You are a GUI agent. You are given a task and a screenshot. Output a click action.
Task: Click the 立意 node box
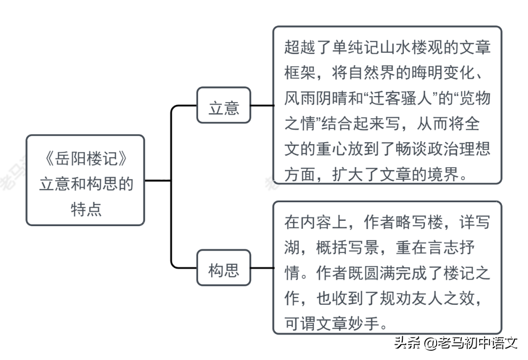click(x=223, y=106)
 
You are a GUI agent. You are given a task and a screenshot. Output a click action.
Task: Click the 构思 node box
click(x=223, y=268)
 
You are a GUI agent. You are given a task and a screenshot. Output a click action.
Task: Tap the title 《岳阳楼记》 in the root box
click(x=86, y=158)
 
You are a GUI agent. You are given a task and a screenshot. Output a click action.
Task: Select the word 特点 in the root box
click(x=86, y=209)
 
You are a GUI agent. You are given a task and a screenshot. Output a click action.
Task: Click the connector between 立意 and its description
click(x=263, y=106)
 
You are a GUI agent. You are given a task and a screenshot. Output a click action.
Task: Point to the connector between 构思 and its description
click(x=263, y=268)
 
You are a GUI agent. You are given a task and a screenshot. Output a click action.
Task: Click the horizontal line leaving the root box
click(x=158, y=181)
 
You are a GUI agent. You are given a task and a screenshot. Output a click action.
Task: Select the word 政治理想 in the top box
click(x=458, y=148)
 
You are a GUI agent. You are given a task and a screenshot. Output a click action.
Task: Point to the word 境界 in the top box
click(x=443, y=174)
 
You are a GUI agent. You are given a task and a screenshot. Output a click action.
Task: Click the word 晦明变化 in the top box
click(x=443, y=72)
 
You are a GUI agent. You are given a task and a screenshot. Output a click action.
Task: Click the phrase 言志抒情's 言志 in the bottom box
click(x=427, y=247)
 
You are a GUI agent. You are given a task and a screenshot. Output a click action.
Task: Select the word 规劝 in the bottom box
click(x=395, y=298)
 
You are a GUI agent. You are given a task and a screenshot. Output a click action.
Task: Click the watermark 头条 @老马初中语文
click(x=456, y=343)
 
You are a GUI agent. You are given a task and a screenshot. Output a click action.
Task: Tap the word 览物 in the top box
click(x=475, y=98)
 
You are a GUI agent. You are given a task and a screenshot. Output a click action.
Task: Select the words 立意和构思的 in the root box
click(x=86, y=184)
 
